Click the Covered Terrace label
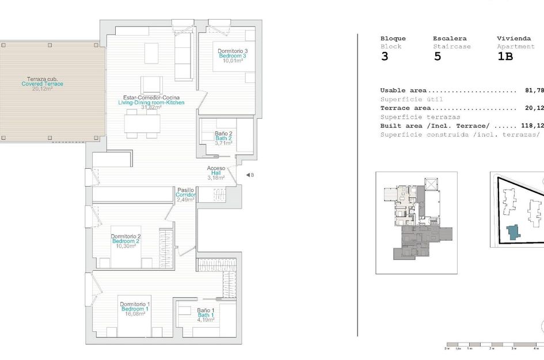click(x=42, y=84)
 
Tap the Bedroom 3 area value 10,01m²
click(x=233, y=60)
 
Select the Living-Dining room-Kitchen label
click(x=151, y=103)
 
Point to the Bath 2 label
click(x=223, y=138)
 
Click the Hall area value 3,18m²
click(x=216, y=178)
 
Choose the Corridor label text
click(x=186, y=195)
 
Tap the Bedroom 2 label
click(x=126, y=241)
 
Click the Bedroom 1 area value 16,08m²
click(x=135, y=314)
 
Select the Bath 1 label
click(x=206, y=315)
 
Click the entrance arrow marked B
click(x=248, y=175)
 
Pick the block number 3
click(x=385, y=56)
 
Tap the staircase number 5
click(x=437, y=56)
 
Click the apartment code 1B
click(x=505, y=56)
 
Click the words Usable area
click(x=403, y=90)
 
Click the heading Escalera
click(x=450, y=38)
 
